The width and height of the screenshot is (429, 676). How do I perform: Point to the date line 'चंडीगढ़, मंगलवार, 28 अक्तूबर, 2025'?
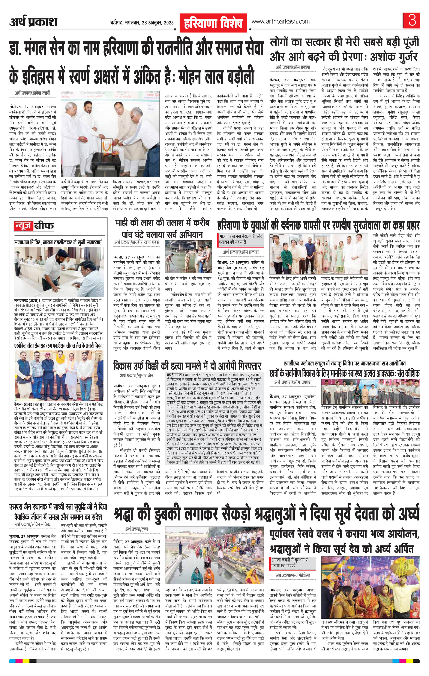[x=142, y=23]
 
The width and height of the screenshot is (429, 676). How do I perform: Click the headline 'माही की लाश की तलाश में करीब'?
[x=162, y=224]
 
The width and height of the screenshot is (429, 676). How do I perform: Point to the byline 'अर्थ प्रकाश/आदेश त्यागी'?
[x=33, y=93]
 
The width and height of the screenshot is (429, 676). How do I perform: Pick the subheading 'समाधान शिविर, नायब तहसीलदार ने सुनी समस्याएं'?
[x=58, y=242]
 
